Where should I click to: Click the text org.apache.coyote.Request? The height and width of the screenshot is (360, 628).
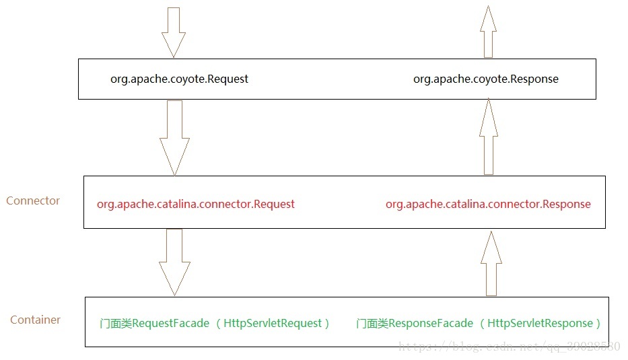tap(179, 79)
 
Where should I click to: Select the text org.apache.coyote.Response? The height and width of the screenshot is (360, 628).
tap(485, 79)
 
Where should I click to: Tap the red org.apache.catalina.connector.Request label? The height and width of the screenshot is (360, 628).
tap(195, 204)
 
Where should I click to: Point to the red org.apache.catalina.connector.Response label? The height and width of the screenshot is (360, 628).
tap(488, 204)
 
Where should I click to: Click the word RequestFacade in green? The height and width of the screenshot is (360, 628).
tap(170, 324)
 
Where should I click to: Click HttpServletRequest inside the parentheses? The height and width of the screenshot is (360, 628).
tap(273, 324)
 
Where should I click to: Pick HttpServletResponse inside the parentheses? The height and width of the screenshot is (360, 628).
tap(540, 324)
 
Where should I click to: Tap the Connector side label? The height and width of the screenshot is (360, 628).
tap(33, 201)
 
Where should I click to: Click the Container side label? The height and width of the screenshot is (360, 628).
tap(35, 320)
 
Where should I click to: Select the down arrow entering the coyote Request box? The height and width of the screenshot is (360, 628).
tap(174, 32)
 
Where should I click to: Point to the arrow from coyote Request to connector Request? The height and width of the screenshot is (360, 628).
tap(174, 137)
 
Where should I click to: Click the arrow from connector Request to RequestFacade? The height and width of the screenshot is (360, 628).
tap(174, 261)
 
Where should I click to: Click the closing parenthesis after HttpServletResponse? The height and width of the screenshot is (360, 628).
tap(596, 324)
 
